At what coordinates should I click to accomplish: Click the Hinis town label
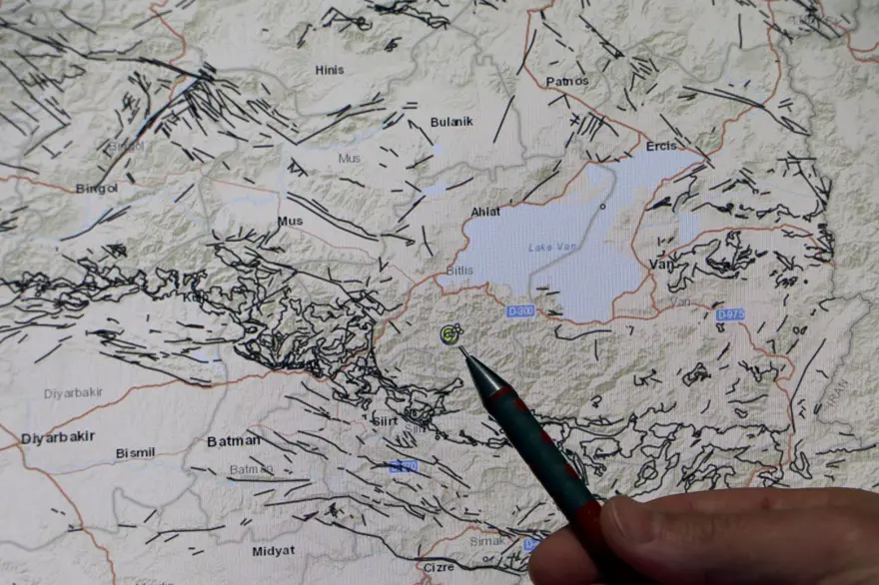point(330,69)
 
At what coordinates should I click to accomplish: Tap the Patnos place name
point(567,81)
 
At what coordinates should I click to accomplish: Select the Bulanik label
point(451,121)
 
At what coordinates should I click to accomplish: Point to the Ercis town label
point(660,146)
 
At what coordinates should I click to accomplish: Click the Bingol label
point(97,188)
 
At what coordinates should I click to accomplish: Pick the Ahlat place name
point(486,212)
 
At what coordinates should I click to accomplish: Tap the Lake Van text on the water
point(552,248)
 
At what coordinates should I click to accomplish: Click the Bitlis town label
point(459,271)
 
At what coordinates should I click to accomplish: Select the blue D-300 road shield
point(520,311)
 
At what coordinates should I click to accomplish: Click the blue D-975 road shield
point(730,314)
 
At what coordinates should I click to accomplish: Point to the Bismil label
point(135,453)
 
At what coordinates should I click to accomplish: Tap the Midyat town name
point(273,551)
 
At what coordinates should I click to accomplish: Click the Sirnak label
point(488,540)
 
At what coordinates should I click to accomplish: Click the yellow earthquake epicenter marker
point(450,333)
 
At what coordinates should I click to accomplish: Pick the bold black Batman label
point(233,440)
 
